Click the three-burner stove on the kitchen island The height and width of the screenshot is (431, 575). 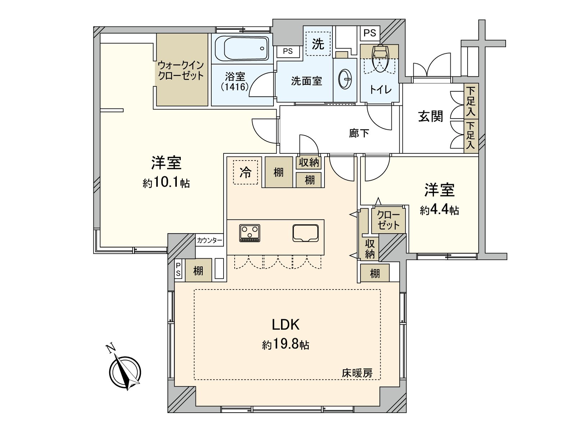point(250,233)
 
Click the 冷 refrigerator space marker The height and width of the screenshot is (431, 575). point(245,172)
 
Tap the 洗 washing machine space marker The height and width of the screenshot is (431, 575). point(318,44)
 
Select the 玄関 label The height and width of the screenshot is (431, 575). point(431,116)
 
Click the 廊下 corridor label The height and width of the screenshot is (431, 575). point(359,133)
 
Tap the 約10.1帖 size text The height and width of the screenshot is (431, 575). point(166,183)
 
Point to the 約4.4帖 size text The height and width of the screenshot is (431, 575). point(439,210)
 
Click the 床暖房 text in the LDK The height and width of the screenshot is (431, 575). point(357,373)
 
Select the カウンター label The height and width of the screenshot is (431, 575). point(210,240)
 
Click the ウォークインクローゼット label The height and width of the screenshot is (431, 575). point(181,70)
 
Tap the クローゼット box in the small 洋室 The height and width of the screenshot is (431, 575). point(388,220)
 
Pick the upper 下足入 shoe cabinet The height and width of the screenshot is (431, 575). point(471,101)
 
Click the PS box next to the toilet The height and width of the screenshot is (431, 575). point(369,33)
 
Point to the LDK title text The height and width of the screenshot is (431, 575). point(285,324)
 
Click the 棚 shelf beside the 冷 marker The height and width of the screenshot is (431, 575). point(279,172)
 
